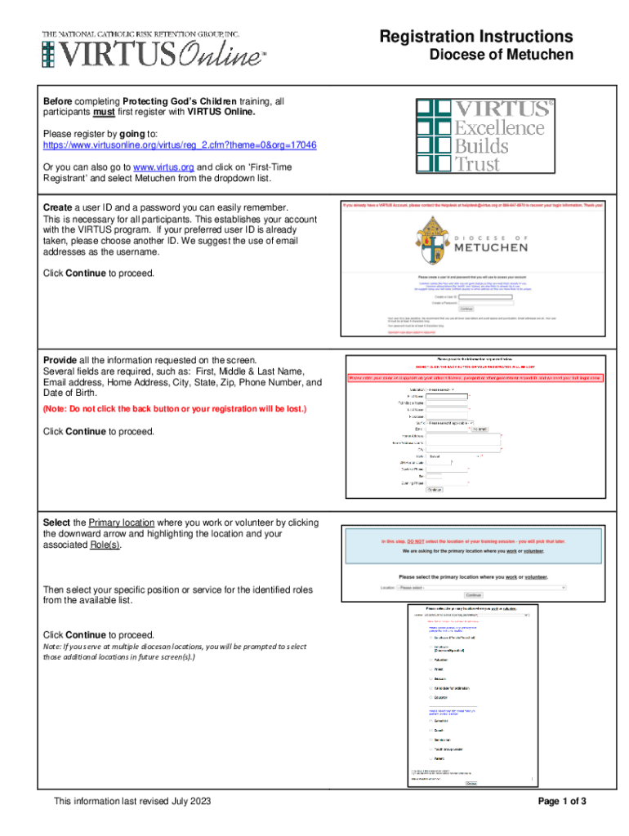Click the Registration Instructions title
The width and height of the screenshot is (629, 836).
click(475, 37)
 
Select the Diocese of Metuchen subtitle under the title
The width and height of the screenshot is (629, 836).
click(502, 56)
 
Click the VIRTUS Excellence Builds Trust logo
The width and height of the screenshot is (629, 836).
click(484, 135)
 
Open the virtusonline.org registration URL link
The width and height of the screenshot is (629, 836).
click(180, 145)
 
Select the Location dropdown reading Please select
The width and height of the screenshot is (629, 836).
click(482, 586)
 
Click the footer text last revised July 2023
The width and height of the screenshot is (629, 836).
click(132, 802)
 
